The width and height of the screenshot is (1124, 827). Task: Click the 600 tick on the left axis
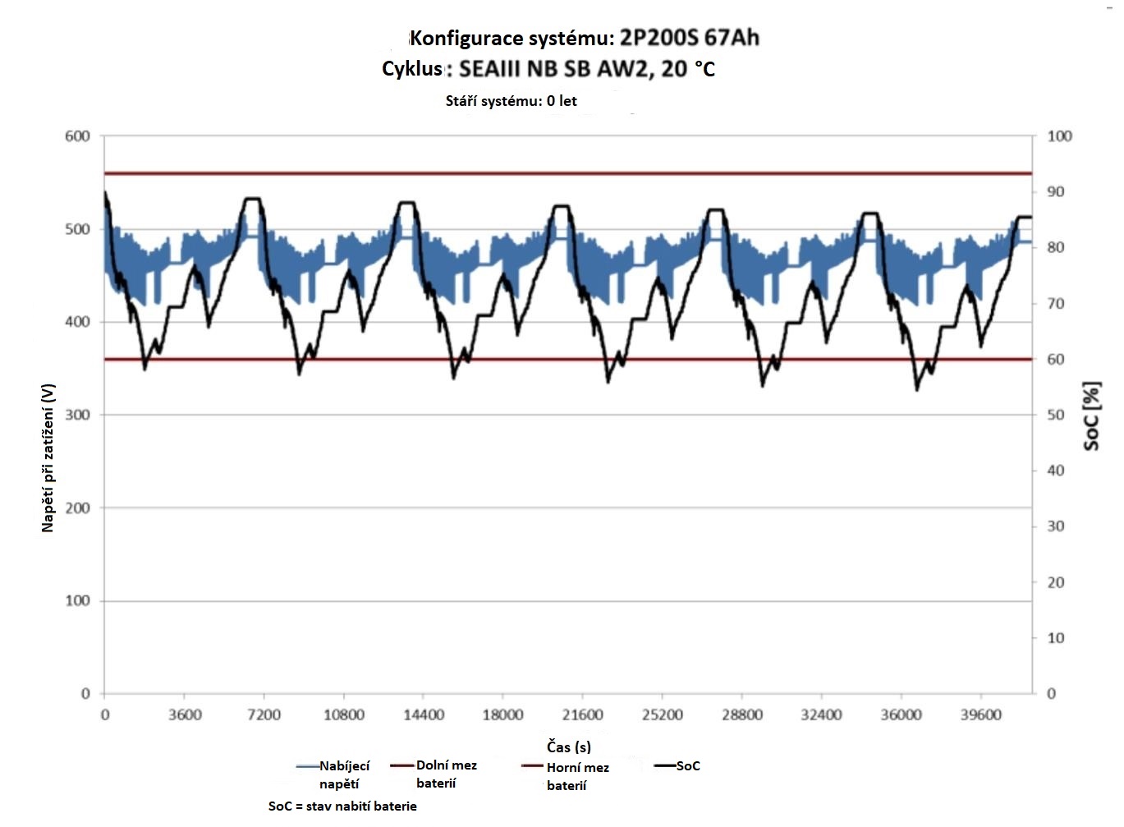tap(77, 136)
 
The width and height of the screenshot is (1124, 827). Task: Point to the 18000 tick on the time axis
tap(502, 714)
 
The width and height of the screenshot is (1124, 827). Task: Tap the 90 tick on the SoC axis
tap(1056, 192)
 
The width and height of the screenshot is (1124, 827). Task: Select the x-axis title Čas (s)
tap(569, 747)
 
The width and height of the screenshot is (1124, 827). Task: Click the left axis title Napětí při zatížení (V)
tap(48, 457)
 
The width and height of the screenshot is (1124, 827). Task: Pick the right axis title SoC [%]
tap(1091, 416)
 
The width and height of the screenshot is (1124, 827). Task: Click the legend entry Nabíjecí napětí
tap(343, 774)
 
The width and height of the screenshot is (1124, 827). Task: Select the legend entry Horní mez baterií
tap(577, 776)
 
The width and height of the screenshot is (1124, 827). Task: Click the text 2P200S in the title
tap(656, 38)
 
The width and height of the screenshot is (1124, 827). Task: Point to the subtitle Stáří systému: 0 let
tap(511, 101)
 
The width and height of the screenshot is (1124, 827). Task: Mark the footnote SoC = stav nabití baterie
tap(342, 806)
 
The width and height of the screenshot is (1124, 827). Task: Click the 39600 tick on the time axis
tap(980, 714)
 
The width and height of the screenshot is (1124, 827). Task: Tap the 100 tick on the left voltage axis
tap(77, 601)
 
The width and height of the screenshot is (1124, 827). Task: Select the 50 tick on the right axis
tap(1056, 416)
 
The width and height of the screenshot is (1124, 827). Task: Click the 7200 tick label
tap(264, 714)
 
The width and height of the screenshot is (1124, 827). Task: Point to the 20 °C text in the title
tap(688, 68)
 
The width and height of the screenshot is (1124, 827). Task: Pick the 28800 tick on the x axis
tap(741, 714)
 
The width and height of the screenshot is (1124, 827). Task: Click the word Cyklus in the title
tap(412, 68)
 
